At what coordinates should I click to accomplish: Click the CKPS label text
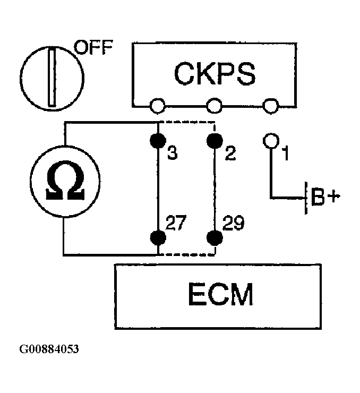[215, 74]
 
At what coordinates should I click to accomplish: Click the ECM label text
[220, 294]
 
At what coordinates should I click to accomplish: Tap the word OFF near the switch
[93, 47]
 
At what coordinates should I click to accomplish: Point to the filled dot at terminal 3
[158, 140]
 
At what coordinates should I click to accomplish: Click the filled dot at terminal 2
[215, 140]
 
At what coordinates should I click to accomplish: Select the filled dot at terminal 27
[158, 237]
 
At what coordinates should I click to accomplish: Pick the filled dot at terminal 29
[215, 237]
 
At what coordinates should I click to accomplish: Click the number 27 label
[176, 223]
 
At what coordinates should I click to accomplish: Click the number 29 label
[233, 223]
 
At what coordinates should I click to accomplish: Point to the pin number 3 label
[173, 153]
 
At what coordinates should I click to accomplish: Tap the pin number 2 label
[230, 153]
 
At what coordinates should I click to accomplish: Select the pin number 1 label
[286, 153]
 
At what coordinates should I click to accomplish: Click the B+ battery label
[325, 196]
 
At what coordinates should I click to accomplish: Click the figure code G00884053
[49, 349]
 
